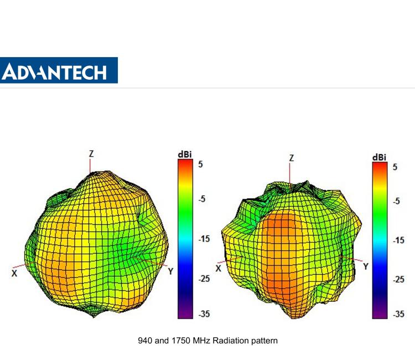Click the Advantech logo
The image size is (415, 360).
coord(59,71)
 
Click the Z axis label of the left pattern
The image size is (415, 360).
coord(91,153)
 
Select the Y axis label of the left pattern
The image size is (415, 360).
coord(170,271)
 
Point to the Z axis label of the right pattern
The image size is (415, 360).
coord(291,158)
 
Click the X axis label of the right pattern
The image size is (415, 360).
coord(219,268)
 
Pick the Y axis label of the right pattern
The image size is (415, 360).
coord(366,266)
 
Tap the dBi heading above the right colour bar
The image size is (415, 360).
coord(379,157)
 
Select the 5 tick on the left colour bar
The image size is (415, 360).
coord(203,164)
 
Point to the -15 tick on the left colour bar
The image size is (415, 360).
coord(203,239)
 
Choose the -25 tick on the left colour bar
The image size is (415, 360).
coord(203,279)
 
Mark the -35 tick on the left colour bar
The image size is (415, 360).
coord(203,314)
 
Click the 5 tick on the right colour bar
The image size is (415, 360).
coord(396,166)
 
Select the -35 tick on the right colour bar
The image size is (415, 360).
coord(398,313)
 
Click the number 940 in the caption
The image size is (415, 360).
coord(145,341)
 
